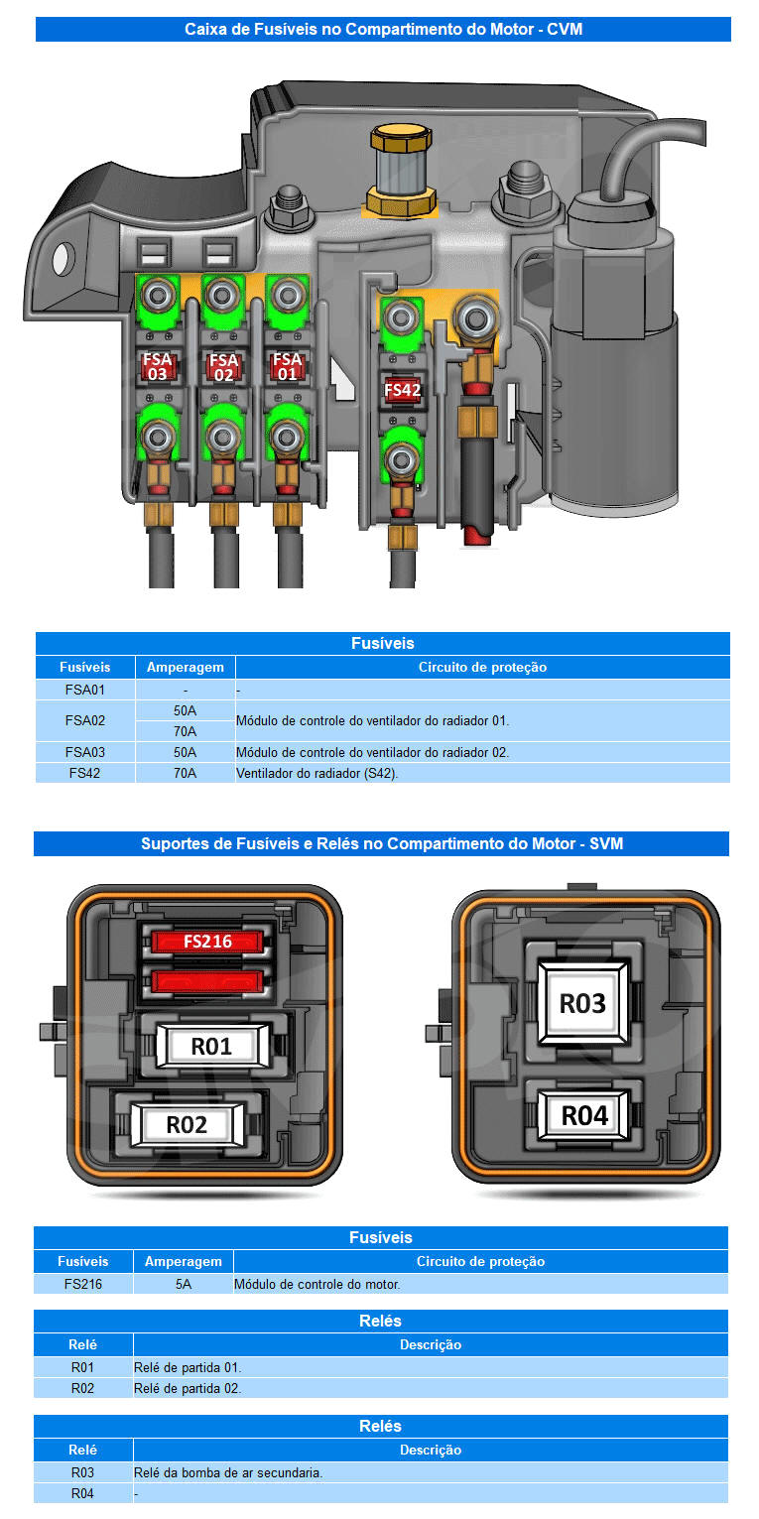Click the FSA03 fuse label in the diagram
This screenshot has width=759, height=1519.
pos(158,367)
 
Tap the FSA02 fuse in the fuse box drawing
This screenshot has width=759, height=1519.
pos(223,367)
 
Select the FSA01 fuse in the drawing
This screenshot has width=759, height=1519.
pos(287,366)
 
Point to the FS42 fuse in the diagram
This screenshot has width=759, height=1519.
pos(402,390)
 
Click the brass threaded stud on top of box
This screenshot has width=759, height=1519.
pos(401,171)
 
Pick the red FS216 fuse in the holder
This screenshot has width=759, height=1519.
pos(207,942)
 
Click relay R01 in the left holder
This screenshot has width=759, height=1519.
pos(211,1047)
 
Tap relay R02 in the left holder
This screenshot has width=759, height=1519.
pos(187,1125)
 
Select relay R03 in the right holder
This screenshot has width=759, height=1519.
pos(582,1003)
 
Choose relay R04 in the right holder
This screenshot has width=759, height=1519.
pos(584,1115)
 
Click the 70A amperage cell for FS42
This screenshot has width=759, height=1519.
pos(186,773)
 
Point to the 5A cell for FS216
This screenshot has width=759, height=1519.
pos(184,1284)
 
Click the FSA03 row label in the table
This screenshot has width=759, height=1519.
pos(84,752)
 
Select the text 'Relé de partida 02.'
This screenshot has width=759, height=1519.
pos(188,1388)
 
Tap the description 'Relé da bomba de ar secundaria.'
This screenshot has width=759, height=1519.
pos(228,1472)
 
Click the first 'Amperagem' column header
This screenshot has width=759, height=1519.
pos(186,667)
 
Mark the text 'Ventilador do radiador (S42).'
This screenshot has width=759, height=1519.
pos(316,773)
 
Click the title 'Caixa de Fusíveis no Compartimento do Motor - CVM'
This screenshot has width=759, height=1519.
pos(383,29)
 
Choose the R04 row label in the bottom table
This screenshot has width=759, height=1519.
pos(82,1493)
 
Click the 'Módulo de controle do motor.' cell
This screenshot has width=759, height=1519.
pos(316,1284)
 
